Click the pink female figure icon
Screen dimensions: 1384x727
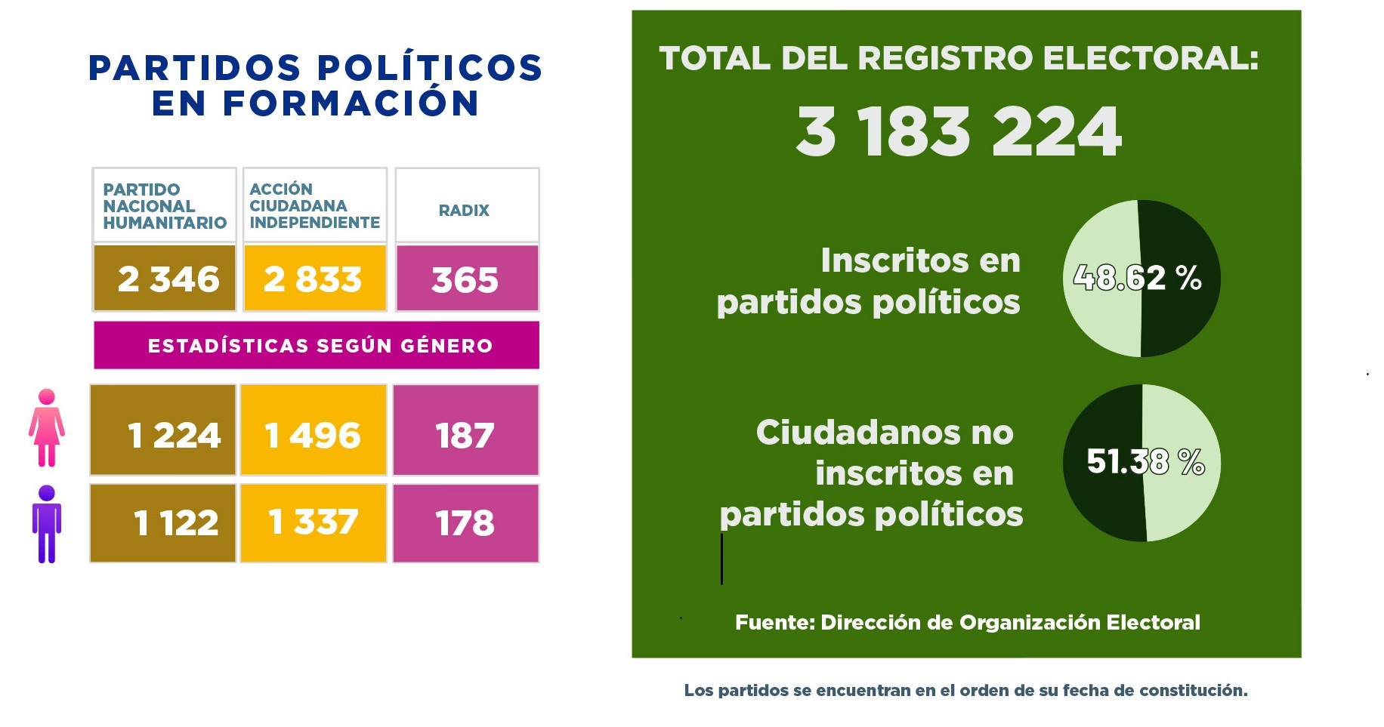coord(47,427)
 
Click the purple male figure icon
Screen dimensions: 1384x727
coord(47,524)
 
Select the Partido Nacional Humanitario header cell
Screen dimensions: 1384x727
coord(165,205)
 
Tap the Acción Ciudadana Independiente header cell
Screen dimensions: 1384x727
coord(315,205)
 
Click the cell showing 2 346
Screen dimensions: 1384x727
coord(165,278)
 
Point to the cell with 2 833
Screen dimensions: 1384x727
coord(315,278)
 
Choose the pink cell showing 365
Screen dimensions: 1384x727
coord(467,278)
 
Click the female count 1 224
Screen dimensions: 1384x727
coord(163,430)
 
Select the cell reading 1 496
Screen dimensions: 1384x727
coord(314,430)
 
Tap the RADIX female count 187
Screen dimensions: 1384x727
coord(465,430)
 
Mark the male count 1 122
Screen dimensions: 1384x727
coord(163,523)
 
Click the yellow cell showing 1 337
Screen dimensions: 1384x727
coord(314,523)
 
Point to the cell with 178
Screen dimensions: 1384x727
coord(465,523)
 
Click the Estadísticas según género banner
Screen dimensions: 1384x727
coord(317,345)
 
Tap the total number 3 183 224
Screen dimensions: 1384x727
coord(959,132)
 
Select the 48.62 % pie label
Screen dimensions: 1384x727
coord(1137,278)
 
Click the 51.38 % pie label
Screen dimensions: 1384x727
coord(1145,461)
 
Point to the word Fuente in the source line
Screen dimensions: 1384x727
coord(775,622)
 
